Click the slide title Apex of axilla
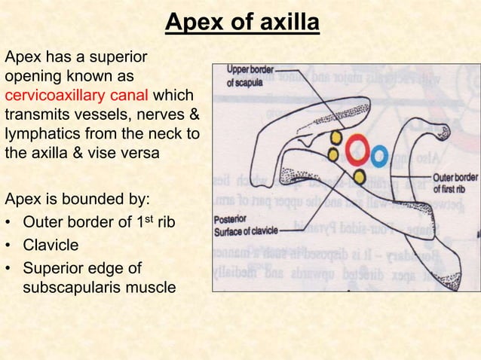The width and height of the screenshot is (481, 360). point(242,24)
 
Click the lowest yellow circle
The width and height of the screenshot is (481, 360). point(360,178)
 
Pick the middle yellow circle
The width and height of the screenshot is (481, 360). point(333,154)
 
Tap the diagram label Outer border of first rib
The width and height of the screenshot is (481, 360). point(455,183)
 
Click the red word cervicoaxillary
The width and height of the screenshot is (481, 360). point(54,97)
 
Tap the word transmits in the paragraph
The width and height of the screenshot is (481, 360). point(37,117)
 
